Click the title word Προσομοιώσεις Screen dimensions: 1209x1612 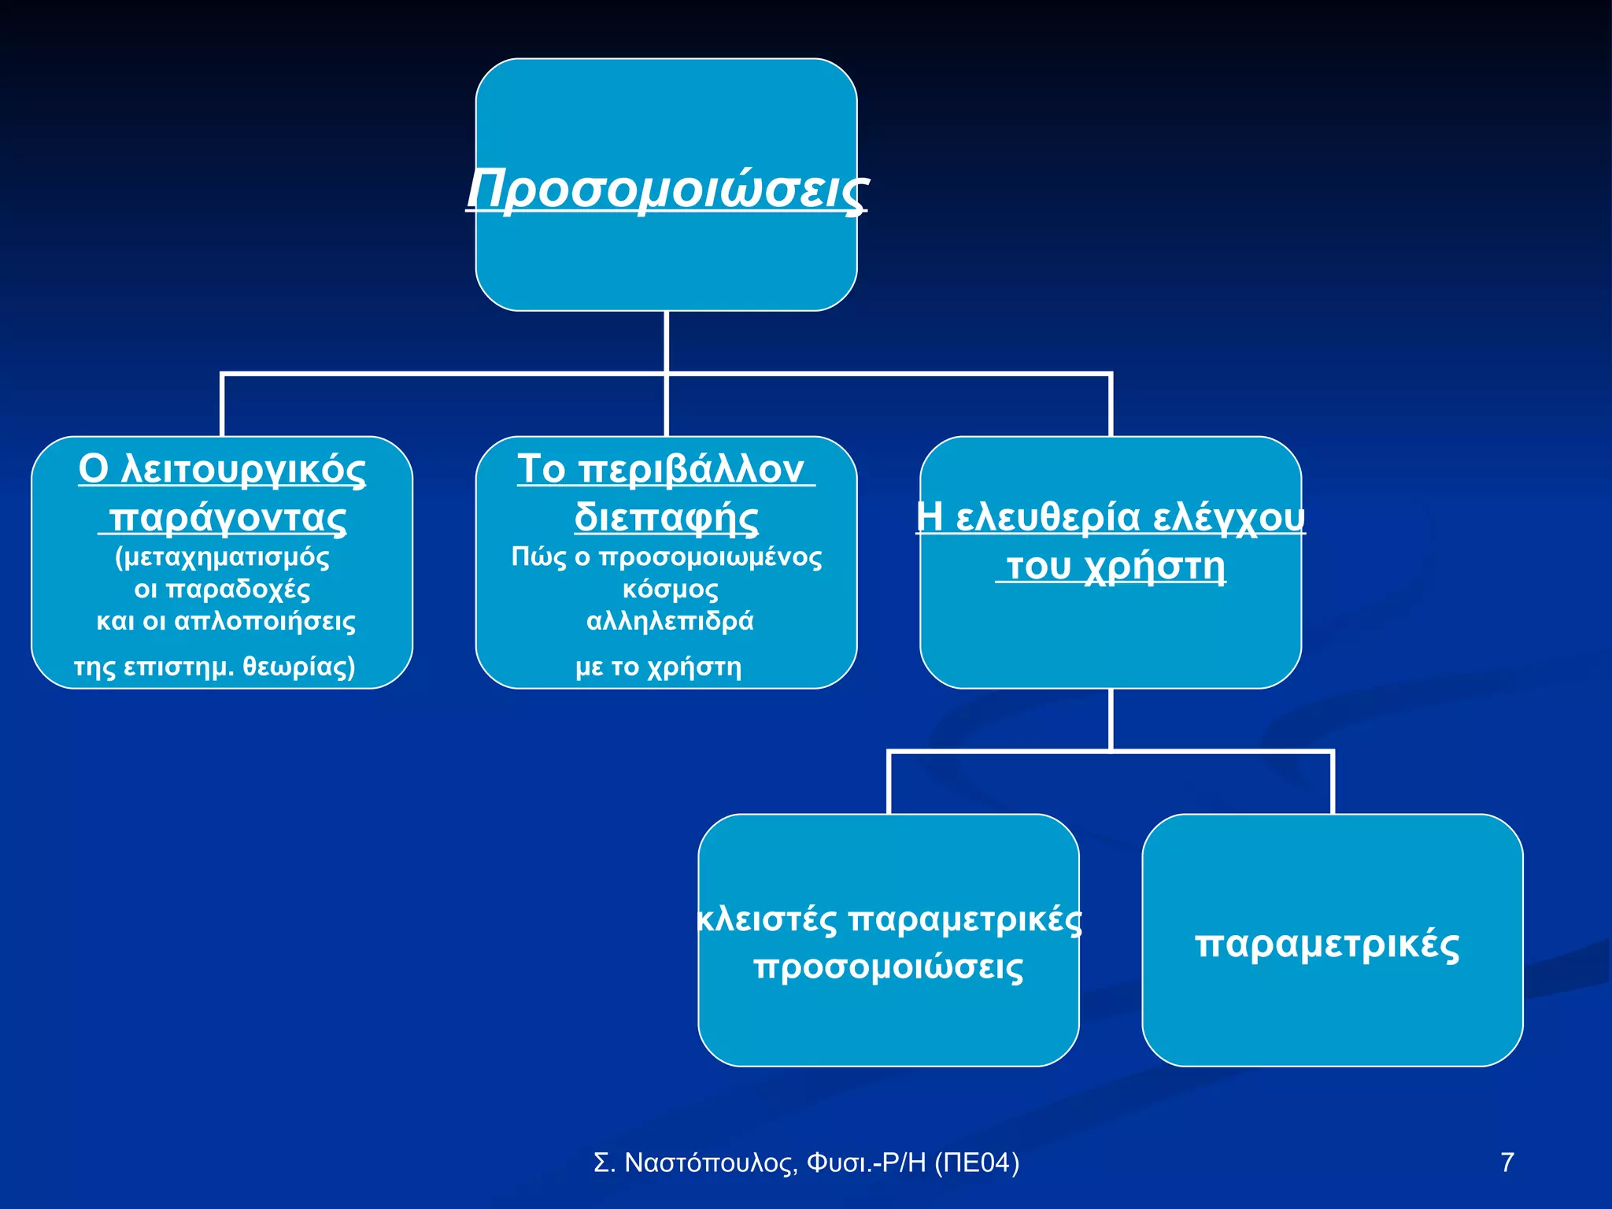point(667,189)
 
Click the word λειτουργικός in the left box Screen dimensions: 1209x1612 point(244,470)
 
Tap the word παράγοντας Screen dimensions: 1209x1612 point(227,518)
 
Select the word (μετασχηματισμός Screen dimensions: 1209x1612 point(222,557)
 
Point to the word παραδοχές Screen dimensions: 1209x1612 point(238,590)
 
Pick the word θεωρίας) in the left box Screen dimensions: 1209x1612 point(299,667)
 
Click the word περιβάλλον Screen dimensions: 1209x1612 point(691,470)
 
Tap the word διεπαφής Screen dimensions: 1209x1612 point(666,518)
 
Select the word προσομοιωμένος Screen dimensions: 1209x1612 point(710,557)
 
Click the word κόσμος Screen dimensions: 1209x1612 point(670,590)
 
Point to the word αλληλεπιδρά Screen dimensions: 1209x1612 point(670,621)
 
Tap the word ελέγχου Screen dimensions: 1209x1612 point(1229,518)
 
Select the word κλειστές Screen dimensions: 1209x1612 point(767,919)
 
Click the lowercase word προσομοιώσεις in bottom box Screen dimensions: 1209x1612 point(888,967)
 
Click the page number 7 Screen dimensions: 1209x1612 point(1507,1163)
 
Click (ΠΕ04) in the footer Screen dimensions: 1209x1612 point(976,1163)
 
